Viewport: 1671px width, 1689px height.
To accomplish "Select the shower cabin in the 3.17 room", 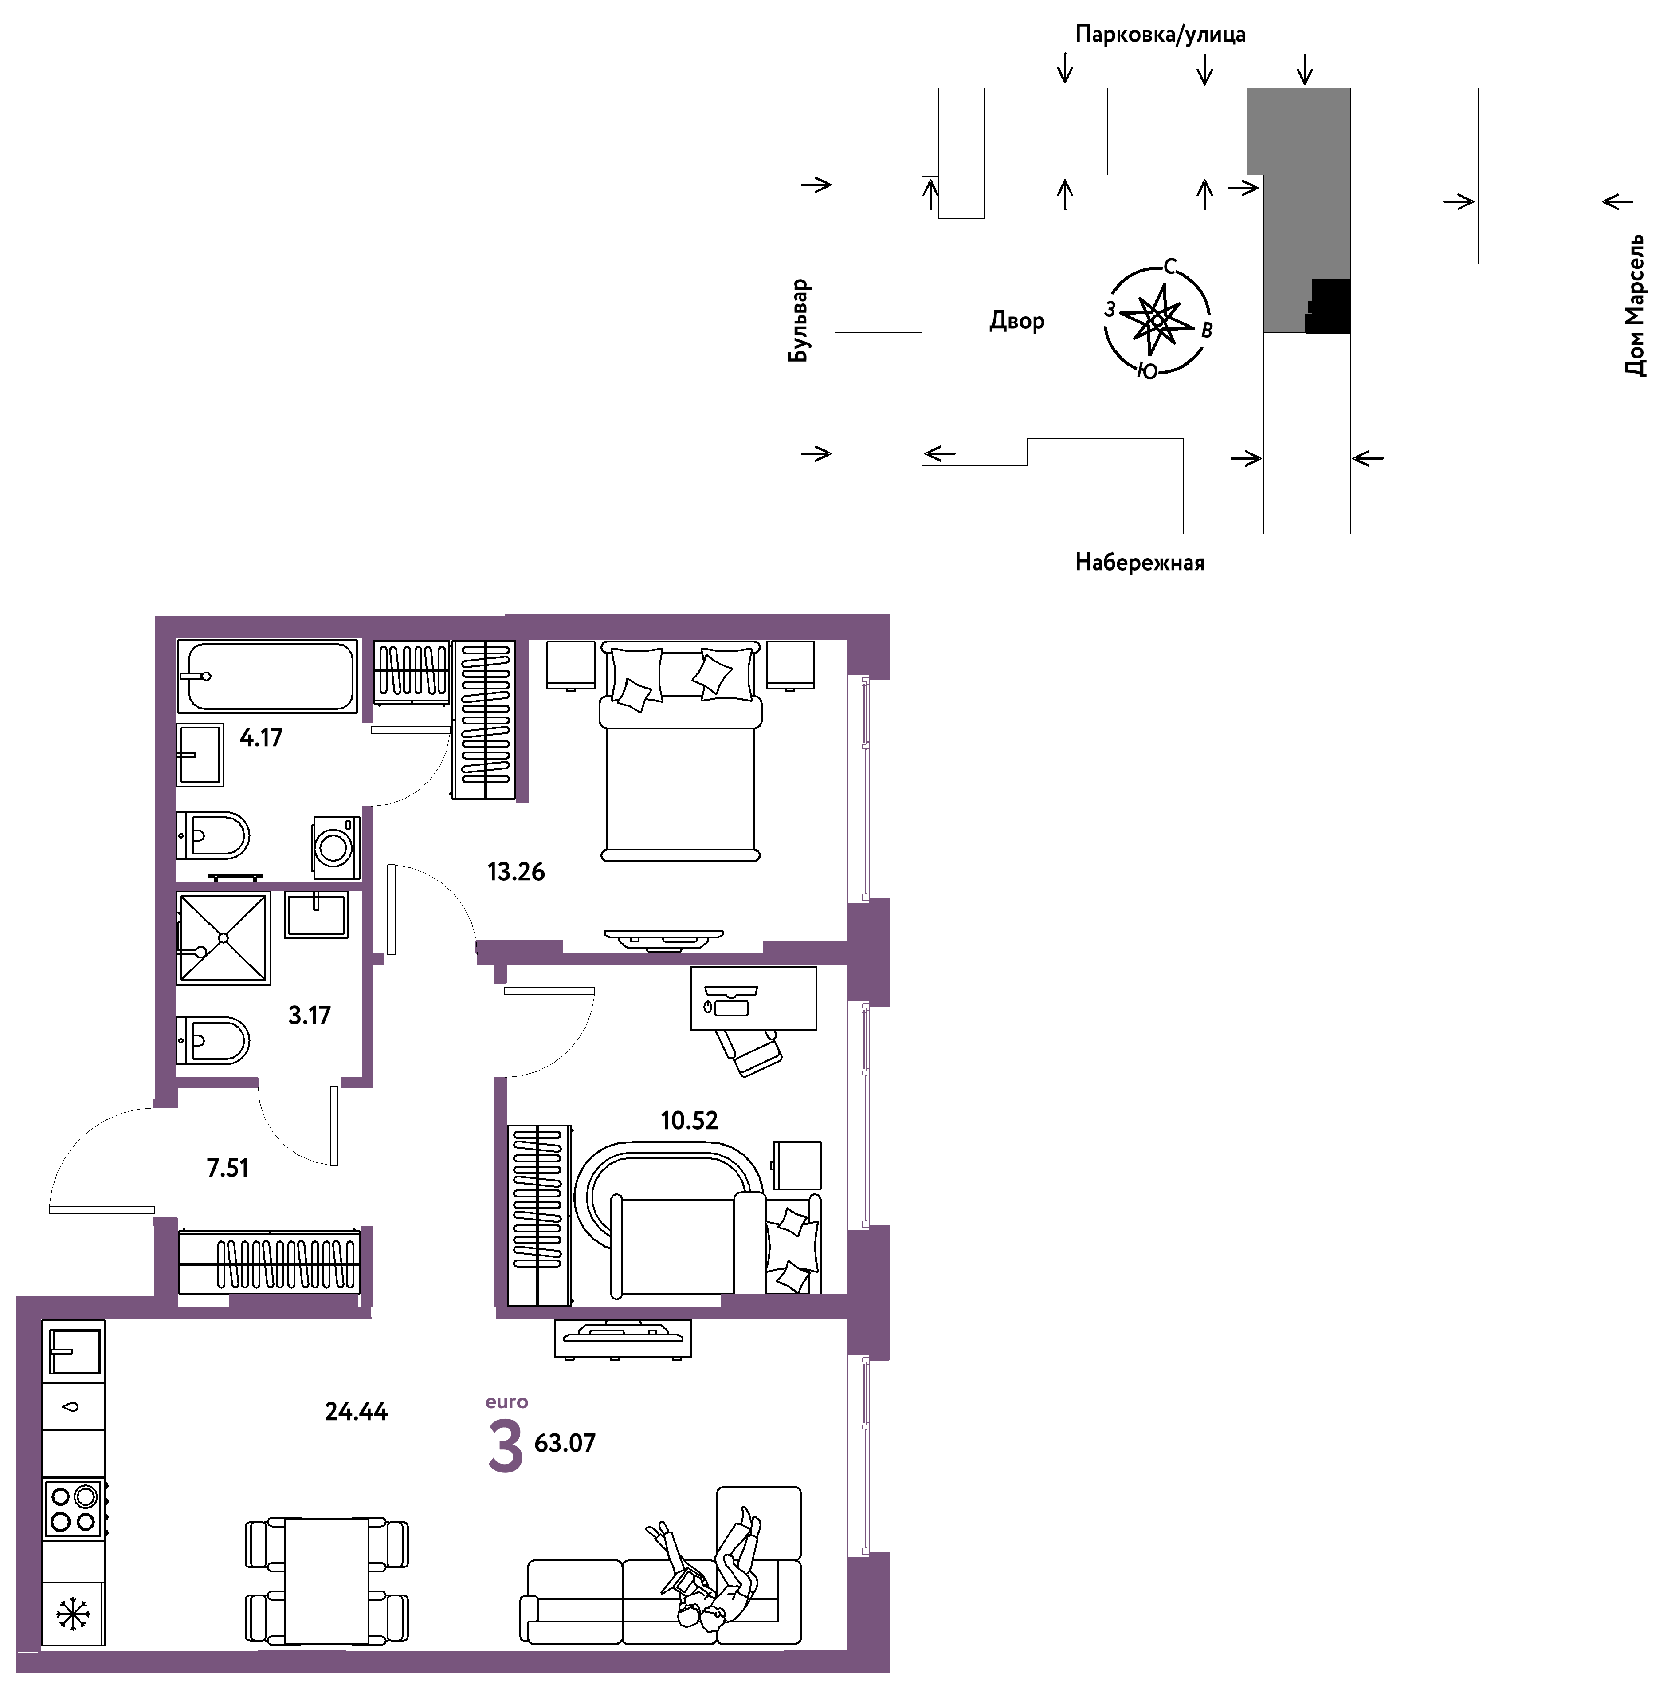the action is (224, 938).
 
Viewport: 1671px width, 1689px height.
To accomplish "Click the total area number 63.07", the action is (565, 1442).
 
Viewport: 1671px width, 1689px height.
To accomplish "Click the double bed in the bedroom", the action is (680, 752).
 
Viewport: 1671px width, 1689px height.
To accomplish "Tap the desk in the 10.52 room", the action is (753, 998).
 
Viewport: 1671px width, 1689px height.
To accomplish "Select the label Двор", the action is (1016, 321).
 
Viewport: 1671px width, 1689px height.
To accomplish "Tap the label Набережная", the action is (1140, 562).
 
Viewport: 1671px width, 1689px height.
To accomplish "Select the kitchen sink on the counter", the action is (75, 1350).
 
